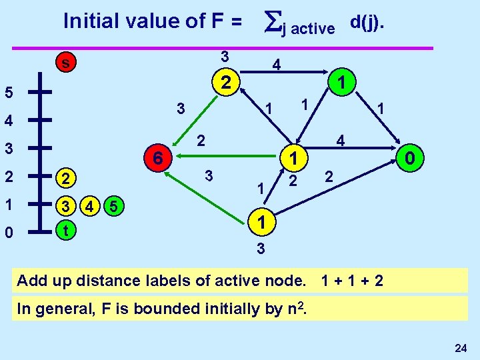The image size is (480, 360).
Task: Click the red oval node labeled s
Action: tap(65, 63)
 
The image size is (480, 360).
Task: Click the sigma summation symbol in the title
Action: tap(271, 21)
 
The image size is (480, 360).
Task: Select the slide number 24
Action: tap(460, 347)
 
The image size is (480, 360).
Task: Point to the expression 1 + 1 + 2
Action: tap(352, 280)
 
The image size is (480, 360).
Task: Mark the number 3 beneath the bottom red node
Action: tap(261, 249)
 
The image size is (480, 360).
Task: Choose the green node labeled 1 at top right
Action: tap(341, 83)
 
